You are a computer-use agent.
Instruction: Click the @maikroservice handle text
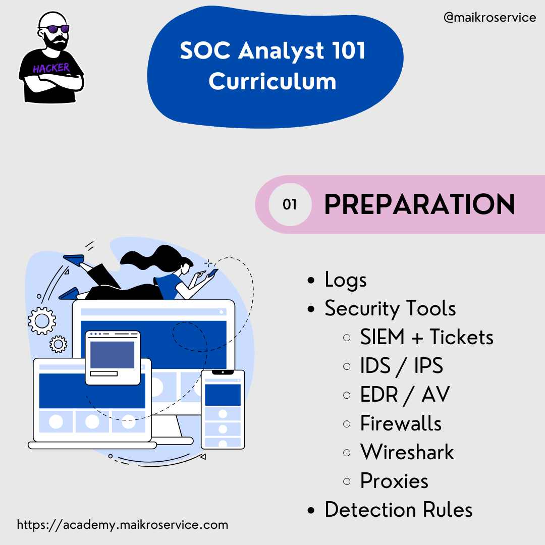pos(489,17)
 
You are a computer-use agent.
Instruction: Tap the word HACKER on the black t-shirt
pos(51,68)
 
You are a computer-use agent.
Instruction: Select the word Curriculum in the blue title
pos(272,82)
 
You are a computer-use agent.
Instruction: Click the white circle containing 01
pos(290,204)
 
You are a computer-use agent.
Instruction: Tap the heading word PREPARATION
pos(419,204)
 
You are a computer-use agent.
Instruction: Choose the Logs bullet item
pos(346,280)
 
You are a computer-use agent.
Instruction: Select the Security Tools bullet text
pos(390,308)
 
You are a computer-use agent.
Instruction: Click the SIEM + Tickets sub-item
pos(426,337)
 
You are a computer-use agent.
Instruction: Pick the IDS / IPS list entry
pos(402,366)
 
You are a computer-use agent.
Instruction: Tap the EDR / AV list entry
pos(405,395)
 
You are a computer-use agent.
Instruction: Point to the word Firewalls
pos(401,423)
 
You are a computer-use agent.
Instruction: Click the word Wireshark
pos(407,452)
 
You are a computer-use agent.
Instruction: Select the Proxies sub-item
pos(394,481)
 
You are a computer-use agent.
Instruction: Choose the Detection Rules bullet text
pos(399,510)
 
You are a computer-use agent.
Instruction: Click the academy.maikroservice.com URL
pos(123,525)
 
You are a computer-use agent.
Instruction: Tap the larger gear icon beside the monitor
pos(42,321)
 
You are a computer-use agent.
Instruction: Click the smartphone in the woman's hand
pos(212,273)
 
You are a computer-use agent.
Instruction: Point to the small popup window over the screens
pos(113,358)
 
